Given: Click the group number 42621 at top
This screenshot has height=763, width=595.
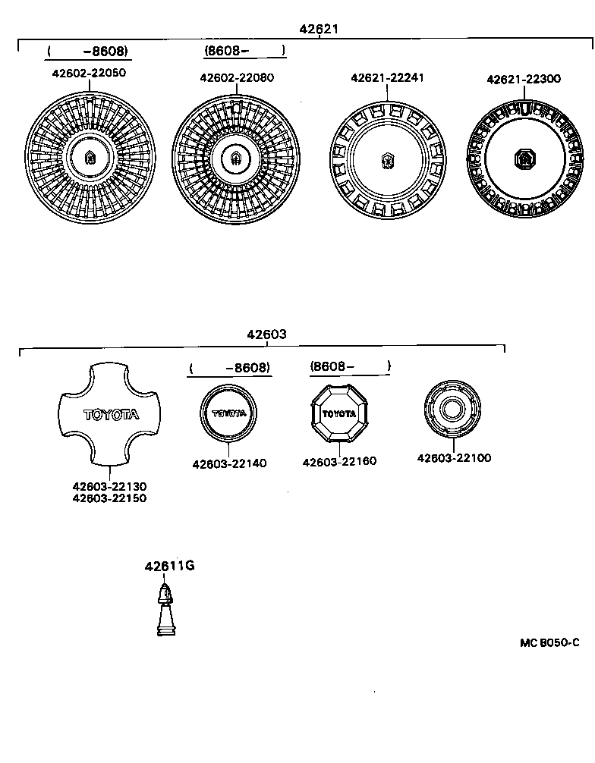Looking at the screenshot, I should click(319, 29).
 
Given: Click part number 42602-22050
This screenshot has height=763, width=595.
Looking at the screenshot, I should click(89, 73).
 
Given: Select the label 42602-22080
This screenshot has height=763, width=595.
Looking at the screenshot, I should click(237, 77).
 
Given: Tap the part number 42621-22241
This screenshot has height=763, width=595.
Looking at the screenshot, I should click(387, 77).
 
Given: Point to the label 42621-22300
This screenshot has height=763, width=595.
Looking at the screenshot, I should click(524, 79).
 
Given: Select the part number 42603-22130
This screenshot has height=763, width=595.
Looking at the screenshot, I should click(109, 486).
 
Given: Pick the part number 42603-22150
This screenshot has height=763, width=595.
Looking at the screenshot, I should click(109, 498).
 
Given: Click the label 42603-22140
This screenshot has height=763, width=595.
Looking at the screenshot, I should click(229, 463).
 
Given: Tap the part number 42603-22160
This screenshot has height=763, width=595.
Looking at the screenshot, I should click(339, 461).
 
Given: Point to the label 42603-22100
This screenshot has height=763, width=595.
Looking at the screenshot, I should click(454, 458).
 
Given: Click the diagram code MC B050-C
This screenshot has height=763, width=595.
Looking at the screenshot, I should click(549, 642).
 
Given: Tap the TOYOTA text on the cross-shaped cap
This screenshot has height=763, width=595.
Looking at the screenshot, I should click(111, 415).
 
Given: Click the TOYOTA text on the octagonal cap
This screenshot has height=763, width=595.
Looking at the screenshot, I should click(339, 413).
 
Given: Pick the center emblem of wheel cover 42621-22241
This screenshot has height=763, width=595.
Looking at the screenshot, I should click(387, 160).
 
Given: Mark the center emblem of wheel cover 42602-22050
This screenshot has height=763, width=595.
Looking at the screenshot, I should click(90, 158).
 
